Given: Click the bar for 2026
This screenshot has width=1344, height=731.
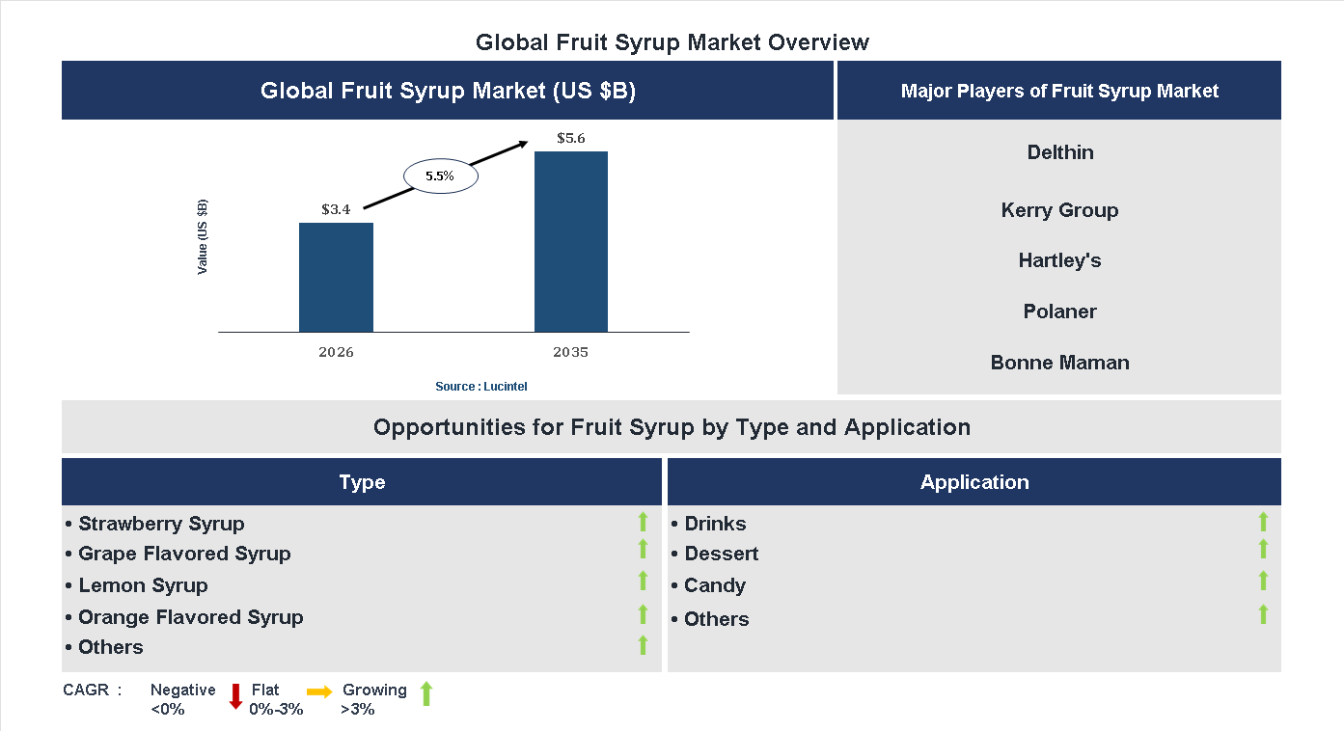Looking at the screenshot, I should [336, 278].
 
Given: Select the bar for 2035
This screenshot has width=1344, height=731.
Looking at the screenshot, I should [571, 242].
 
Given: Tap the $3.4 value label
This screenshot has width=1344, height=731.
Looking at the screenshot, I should [336, 208].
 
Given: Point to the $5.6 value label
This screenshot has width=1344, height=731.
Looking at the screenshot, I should [571, 138].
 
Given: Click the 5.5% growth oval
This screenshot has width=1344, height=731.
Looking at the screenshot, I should [440, 176].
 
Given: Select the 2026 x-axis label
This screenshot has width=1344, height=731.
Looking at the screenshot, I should [336, 352].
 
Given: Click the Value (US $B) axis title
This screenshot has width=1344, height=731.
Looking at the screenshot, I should [203, 237].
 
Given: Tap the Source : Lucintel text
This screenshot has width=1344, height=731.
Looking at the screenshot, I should [480, 387].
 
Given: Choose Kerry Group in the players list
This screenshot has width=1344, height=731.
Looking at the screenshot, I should [1059, 210].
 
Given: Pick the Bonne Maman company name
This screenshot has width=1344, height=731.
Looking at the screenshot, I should [1059, 363].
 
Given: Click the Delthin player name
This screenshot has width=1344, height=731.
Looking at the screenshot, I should [1059, 152].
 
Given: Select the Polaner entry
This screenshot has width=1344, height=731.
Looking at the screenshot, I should [1059, 311].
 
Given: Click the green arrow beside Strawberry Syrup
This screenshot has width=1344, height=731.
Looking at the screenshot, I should [643, 523].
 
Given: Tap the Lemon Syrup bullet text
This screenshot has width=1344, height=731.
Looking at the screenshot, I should [143, 585].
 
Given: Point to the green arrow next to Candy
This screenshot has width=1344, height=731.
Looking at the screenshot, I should [1263, 581].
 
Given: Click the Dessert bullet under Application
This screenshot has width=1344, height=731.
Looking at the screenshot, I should [721, 554].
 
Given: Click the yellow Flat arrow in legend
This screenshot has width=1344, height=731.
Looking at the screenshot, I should [319, 691].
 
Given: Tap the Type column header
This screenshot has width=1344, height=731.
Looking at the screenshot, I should [362, 482].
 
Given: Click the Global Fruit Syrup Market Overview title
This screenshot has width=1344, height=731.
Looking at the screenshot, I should [672, 42].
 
